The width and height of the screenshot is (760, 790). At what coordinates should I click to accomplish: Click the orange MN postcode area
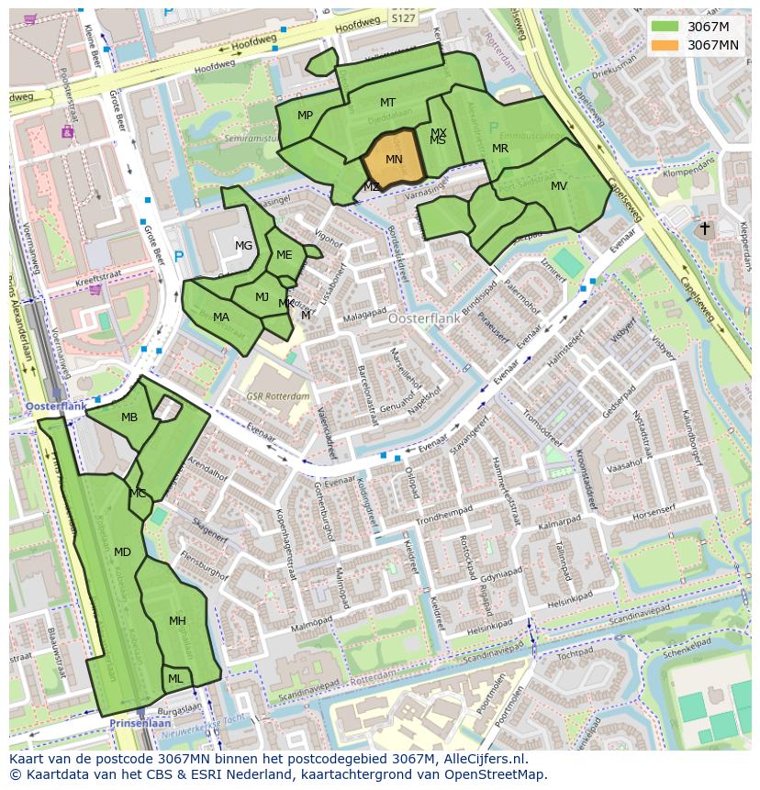(394, 161)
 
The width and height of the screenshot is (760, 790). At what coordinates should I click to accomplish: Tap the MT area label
(387, 103)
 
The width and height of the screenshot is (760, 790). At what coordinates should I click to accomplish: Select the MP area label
(306, 115)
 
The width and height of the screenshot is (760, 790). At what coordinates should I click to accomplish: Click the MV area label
(559, 186)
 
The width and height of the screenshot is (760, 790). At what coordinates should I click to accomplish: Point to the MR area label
(500, 149)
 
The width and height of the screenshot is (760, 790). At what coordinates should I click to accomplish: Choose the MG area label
(243, 245)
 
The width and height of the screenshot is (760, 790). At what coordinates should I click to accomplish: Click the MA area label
(221, 317)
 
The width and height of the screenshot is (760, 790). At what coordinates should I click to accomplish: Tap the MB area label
(129, 417)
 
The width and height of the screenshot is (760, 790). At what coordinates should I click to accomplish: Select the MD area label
(122, 551)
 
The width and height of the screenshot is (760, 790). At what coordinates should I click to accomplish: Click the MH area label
(177, 621)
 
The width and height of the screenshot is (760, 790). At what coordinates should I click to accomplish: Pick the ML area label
(174, 679)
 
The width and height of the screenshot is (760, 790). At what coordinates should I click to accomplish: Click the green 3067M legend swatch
(665, 27)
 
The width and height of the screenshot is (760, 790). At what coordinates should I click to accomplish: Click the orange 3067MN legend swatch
(665, 45)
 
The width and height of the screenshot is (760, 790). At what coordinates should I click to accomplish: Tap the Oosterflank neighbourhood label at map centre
(423, 318)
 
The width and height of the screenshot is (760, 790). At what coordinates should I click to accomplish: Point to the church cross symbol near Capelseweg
(704, 228)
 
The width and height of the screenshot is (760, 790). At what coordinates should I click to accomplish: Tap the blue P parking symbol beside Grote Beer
(179, 257)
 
